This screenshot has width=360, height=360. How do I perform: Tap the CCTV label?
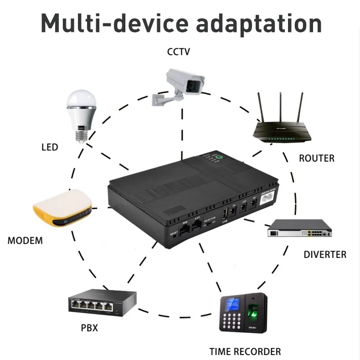[179, 51]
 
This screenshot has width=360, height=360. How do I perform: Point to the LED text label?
[50, 147]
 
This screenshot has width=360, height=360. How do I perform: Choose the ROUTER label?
[316, 159]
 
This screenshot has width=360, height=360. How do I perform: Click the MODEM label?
[25, 241]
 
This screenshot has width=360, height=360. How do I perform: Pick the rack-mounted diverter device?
[299, 228]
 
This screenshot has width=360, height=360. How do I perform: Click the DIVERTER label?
[325, 254]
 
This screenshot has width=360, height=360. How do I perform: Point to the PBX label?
[89, 328]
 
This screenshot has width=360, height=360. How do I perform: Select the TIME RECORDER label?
[245, 351]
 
